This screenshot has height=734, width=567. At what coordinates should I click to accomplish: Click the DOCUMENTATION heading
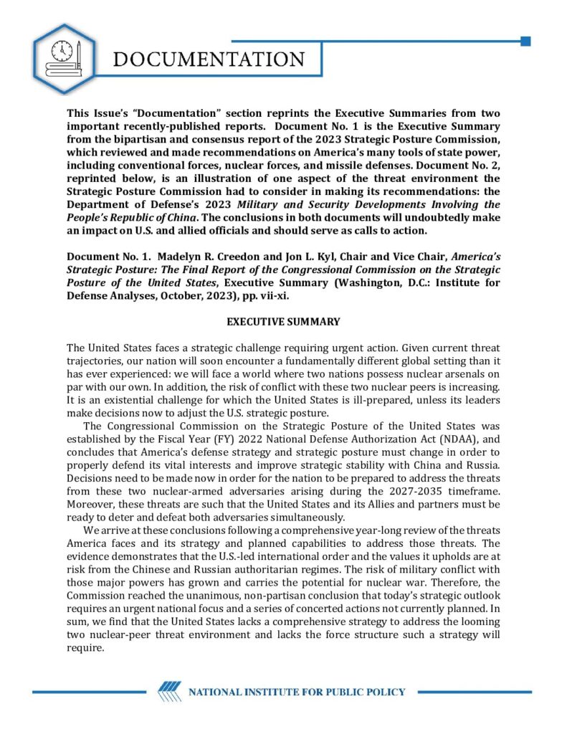[209, 59]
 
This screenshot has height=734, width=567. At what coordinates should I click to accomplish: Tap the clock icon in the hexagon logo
[62, 50]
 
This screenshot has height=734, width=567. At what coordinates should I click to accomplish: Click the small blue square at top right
[525, 42]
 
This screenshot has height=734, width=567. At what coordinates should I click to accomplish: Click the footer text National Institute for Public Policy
[296, 692]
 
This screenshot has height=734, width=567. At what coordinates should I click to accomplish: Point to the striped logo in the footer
[170, 692]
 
